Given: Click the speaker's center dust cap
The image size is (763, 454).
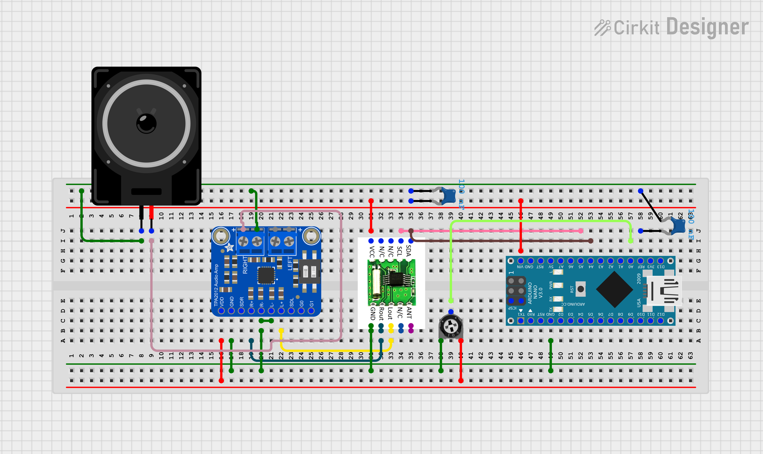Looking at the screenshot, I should point(146,123).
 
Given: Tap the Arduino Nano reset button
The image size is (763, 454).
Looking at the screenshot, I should point(581,289).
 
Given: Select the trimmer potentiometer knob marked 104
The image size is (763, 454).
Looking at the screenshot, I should point(451,326).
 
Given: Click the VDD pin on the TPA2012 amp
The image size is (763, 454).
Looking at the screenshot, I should point(221,311).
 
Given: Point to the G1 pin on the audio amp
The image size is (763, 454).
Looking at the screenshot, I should point(311,311).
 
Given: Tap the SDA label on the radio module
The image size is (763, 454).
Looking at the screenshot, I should point(409,251).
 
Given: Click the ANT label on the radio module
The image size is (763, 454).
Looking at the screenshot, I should point(409,313).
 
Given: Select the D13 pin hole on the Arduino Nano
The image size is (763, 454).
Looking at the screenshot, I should point(660,261).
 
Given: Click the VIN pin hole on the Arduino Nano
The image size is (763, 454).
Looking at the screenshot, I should point(520,261).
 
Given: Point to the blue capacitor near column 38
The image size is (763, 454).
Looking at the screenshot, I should point(449,195).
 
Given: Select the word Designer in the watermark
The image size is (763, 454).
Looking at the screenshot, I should point(707,27).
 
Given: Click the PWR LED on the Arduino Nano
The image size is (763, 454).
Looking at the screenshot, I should point(558,285).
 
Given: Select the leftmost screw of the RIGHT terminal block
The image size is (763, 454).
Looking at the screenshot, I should point(243,242).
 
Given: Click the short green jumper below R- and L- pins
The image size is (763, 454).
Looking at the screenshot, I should point(266,321).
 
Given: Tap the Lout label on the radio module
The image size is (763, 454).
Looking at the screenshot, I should point(390,313).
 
